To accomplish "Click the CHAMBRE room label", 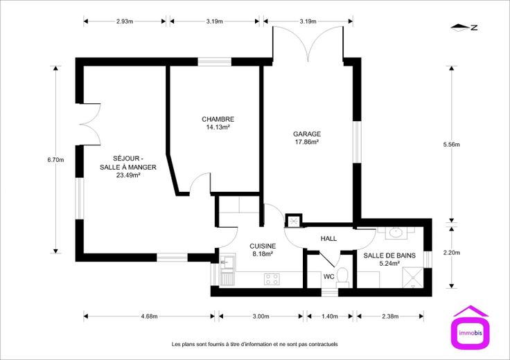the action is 218,119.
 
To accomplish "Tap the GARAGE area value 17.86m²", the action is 307,142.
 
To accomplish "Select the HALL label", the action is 328,238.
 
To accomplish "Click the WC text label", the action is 329,277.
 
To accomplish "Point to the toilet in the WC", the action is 342,278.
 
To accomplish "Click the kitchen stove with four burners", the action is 272,279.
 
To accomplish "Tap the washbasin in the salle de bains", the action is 396,233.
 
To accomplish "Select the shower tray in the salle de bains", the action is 413,277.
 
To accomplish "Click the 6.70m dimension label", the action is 55,159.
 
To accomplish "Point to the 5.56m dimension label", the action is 452,145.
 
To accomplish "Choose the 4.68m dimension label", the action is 149,316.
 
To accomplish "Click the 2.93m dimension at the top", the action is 125,21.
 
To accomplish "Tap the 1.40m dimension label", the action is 330,316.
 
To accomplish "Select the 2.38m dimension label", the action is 390,316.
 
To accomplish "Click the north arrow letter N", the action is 474,28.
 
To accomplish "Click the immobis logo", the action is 471,327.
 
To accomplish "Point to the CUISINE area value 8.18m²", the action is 263,254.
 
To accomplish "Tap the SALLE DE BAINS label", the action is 389,255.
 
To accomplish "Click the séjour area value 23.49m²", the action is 128,175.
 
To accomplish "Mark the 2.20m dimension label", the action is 452,253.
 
